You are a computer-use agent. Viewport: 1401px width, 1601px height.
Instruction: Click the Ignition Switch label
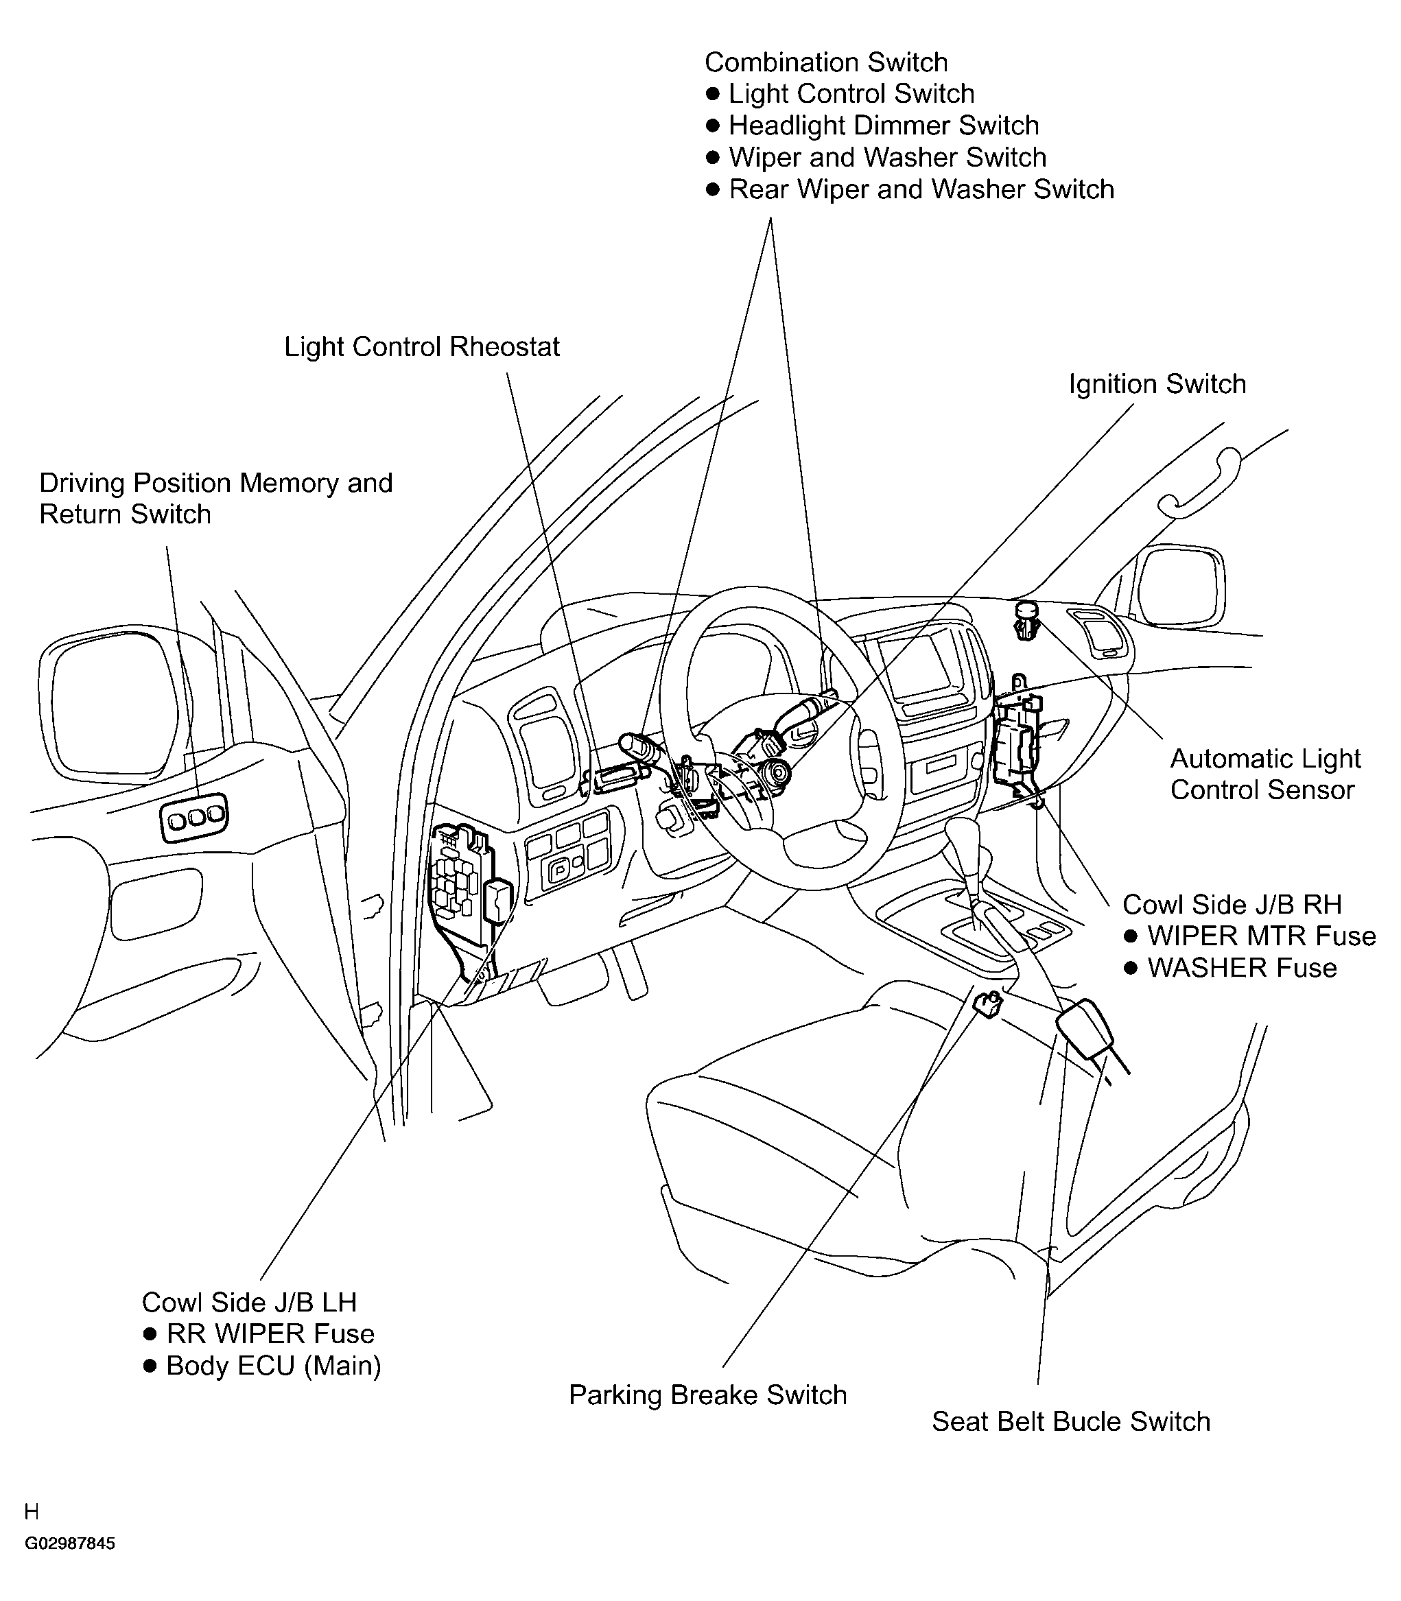coord(1157,385)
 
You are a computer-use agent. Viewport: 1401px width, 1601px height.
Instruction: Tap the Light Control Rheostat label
coord(422,347)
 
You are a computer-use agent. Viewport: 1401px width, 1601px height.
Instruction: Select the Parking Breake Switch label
coord(707,1395)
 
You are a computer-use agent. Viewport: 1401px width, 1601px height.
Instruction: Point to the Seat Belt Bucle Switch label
coord(1071,1421)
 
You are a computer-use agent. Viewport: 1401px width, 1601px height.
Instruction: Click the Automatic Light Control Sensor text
coord(1265,774)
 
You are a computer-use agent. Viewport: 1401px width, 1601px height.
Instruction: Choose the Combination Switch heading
coord(826,62)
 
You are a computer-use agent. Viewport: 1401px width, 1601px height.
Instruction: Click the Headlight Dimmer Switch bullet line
coord(873,126)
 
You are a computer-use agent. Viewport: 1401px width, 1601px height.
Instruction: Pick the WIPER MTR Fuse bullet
coord(1250,936)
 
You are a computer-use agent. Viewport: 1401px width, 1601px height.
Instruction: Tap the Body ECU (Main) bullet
coord(263,1366)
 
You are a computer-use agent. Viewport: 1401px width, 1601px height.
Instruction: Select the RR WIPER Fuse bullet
coord(259,1333)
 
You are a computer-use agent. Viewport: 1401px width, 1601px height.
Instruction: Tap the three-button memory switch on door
coord(195,818)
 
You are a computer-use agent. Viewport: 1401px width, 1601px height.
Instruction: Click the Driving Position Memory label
coord(216,483)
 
